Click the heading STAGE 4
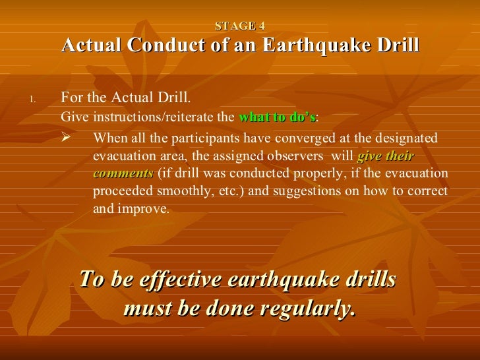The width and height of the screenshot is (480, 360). pos(240,27)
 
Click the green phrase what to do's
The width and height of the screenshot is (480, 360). pos(277,118)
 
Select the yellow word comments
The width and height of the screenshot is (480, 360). pos(123,174)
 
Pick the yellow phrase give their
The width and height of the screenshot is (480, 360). pos(385,157)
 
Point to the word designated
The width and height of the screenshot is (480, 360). pos(404,138)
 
